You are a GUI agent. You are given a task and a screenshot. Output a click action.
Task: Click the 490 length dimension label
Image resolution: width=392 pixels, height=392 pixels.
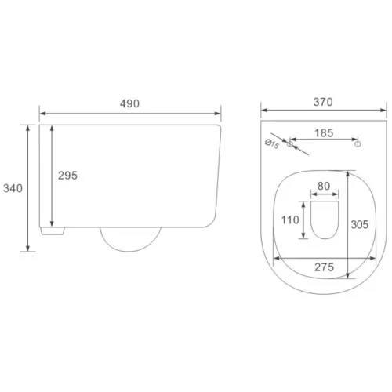coord(129,103)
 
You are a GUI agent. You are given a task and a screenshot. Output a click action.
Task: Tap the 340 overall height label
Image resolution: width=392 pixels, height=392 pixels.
coord(13,188)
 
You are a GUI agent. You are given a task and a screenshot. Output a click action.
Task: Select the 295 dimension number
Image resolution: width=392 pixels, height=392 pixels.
coord(67,176)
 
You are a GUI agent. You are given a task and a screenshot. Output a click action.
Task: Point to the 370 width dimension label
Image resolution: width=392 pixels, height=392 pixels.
coord(323,102)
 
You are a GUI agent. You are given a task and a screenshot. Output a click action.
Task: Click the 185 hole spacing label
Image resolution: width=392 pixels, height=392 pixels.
coord(324,133)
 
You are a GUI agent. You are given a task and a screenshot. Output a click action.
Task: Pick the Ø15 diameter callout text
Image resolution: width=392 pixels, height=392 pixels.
coord(272,144)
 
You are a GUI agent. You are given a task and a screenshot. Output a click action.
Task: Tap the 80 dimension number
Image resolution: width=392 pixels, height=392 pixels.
coord(324,186)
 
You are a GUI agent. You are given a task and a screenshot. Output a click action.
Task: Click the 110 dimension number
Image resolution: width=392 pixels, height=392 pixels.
coord(290,220)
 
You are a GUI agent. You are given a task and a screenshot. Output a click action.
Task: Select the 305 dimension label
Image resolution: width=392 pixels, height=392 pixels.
coord(359,224)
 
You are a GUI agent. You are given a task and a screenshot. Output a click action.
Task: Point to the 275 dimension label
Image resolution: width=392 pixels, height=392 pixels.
coord(324,267)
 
